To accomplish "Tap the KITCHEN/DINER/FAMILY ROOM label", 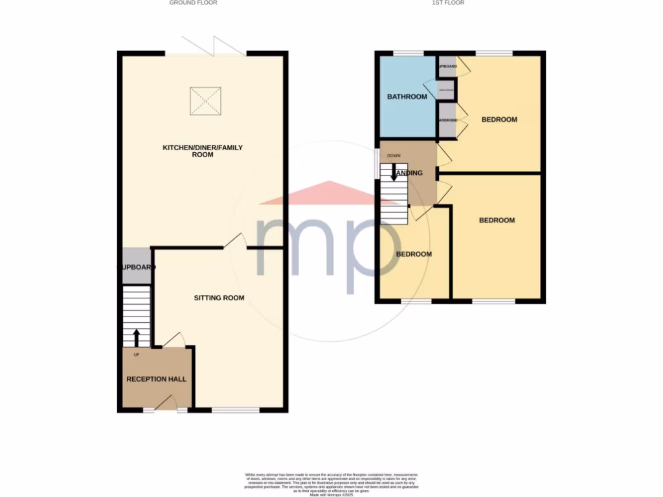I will pyautogui.click(x=203, y=151).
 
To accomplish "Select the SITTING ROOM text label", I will pyautogui.click(x=219, y=298).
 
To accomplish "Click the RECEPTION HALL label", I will pyautogui.click(x=156, y=379).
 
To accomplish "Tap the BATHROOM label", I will pyautogui.click(x=407, y=97).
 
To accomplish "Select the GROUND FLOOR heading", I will pyautogui.click(x=193, y=3).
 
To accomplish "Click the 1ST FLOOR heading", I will pyautogui.click(x=448, y=3).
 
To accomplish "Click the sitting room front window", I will pyautogui.click(x=235, y=410).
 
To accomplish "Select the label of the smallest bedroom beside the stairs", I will pyautogui.click(x=414, y=254).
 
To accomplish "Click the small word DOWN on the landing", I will pyautogui.click(x=394, y=156).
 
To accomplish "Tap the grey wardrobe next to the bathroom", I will pyautogui.click(x=447, y=121).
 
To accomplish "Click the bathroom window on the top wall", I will pyautogui.click(x=409, y=53).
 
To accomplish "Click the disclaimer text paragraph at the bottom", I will pyautogui.click(x=331, y=483).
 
